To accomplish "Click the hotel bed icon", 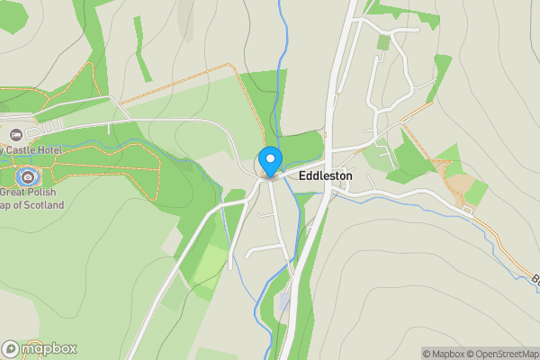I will (x=4, y=131).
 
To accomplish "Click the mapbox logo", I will (x=40, y=348).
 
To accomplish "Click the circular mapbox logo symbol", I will (x=12, y=348).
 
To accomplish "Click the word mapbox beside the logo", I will (x=49, y=348).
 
